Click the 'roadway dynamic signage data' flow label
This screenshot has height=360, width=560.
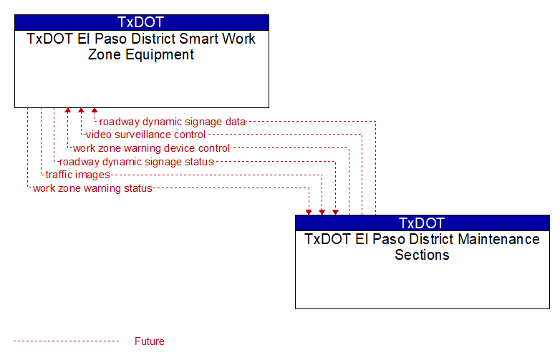tap(172, 122)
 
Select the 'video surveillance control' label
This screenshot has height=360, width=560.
tap(145, 135)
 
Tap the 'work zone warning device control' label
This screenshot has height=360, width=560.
tap(151, 148)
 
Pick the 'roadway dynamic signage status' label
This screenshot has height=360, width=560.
tap(137, 162)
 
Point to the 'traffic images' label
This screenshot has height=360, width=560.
tap(78, 175)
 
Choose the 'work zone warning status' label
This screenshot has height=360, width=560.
tap(92, 188)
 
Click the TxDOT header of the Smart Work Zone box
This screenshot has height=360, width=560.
tap(141, 22)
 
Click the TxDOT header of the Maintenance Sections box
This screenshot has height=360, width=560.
tap(422, 223)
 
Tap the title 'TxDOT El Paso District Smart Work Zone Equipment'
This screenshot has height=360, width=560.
tap(141, 47)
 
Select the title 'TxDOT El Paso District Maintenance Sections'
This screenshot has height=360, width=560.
tap(422, 247)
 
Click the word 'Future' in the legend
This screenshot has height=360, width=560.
tap(149, 341)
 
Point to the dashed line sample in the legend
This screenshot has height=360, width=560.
tap(66, 341)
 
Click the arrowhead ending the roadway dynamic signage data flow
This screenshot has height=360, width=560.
tap(95, 111)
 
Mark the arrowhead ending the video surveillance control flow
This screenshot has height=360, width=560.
tap(81, 111)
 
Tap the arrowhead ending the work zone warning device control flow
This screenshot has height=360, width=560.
tap(68, 111)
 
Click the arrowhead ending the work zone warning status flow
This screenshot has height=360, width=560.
tap(309, 213)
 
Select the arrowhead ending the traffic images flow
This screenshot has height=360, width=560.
tap(322, 213)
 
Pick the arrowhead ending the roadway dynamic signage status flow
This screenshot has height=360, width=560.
tap(335, 213)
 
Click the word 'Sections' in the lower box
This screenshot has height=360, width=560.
tap(422, 255)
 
